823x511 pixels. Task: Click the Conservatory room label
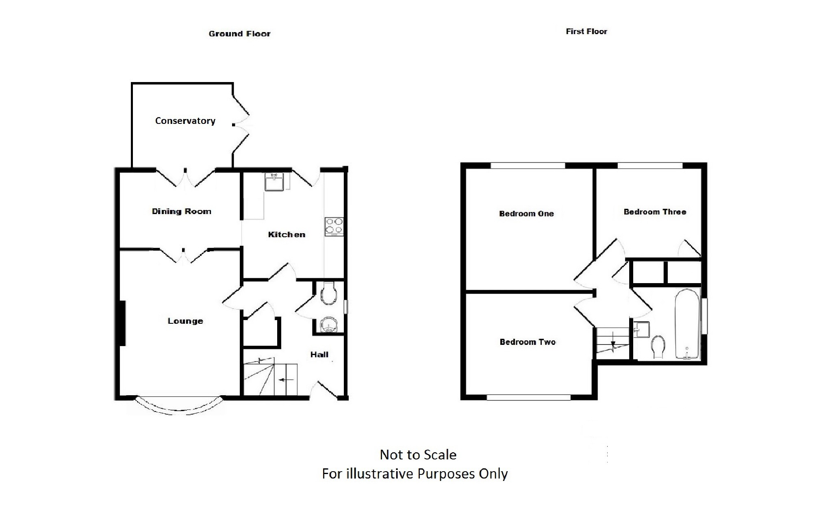click(x=185, y=121)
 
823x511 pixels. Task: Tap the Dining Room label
click(x=181, y=211)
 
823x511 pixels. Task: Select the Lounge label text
click(x=185, y=321)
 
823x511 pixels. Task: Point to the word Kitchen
click(x=287, y=234)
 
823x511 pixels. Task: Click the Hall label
click(x=319, y=355)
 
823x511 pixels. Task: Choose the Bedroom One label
click(x=526, y=214)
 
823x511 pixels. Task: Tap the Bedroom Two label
click(x=528, y=342)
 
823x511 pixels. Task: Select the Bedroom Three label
click(x=655, y=212)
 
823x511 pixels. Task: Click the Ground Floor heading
click(x=239, y=34)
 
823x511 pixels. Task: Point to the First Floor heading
click(x=586, y=31)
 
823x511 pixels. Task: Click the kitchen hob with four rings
click(x=334, y=227)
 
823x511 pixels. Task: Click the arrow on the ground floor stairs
click(x=287, y=380)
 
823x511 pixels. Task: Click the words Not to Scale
click(x=418, y=455)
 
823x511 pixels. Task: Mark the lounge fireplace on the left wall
click(x=122, y=323)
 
